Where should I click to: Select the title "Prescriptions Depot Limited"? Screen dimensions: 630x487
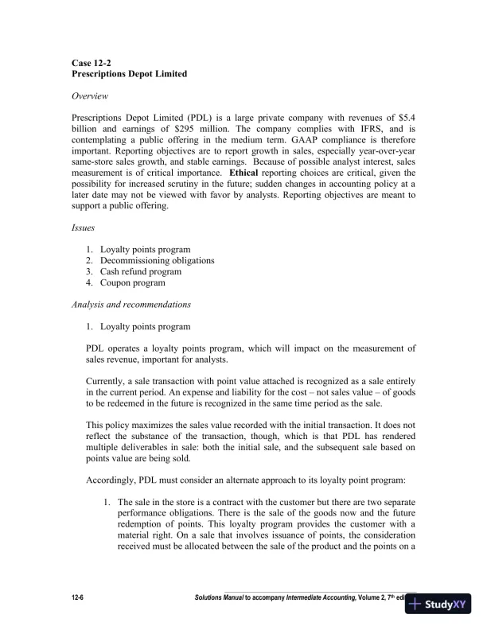(x=129, y=74)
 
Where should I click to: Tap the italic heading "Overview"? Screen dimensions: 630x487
(x=92, y=96)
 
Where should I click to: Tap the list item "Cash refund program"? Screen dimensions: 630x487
(x=140, y=271)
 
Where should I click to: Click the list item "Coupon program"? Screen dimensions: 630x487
(x=132, y=282)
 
